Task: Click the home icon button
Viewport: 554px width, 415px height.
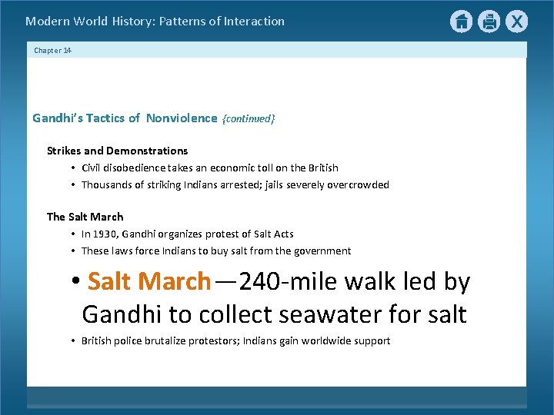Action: tap(461, 22)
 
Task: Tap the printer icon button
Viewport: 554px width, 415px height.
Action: tap(489, 22)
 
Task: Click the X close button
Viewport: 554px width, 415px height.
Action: tap(517, 22)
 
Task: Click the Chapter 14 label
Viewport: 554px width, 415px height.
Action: tap(52, 51)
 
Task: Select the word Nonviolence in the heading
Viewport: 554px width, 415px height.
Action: tap(182, 118)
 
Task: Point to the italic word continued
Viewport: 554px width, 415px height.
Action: tap(248, 119)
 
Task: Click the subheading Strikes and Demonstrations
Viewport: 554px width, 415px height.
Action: tap(117, 151)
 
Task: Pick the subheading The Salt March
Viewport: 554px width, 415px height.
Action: tap(85, 217)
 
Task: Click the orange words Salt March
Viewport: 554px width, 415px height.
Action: tap(149, 281)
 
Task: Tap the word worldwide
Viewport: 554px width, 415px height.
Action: tap(332, 340)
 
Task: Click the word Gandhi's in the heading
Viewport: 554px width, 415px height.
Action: tap(55, 118)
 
